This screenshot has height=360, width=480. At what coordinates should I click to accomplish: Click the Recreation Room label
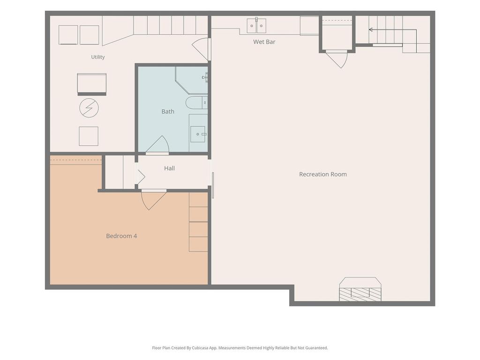click(x=323, y=174)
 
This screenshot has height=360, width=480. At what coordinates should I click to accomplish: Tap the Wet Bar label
click(x=264, y=42)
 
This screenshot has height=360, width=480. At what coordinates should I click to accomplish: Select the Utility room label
click(x=98, y=57)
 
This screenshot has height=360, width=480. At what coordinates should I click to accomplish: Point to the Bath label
click(x=168, y=112)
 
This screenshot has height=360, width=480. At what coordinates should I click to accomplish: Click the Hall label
click(x=169, y=168)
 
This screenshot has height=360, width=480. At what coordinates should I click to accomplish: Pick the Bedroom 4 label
click(x=121, y=236)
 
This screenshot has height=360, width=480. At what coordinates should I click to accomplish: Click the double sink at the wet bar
click(x=256, y=26)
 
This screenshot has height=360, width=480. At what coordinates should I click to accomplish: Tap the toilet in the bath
click(x=196, y=103)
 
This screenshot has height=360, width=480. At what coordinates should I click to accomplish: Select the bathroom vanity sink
click(x=198, y=134)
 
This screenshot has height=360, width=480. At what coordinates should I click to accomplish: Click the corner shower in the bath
click(x=192, y=80)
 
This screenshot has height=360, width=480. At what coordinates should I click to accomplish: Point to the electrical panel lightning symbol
click(x=89, y=108)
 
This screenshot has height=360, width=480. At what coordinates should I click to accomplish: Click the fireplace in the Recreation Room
click(x=360, y=289)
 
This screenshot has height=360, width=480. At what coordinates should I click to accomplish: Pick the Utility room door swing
click(x=201, y=49)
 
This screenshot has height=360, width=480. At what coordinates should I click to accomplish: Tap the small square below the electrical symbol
click(x=89, y=136)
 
